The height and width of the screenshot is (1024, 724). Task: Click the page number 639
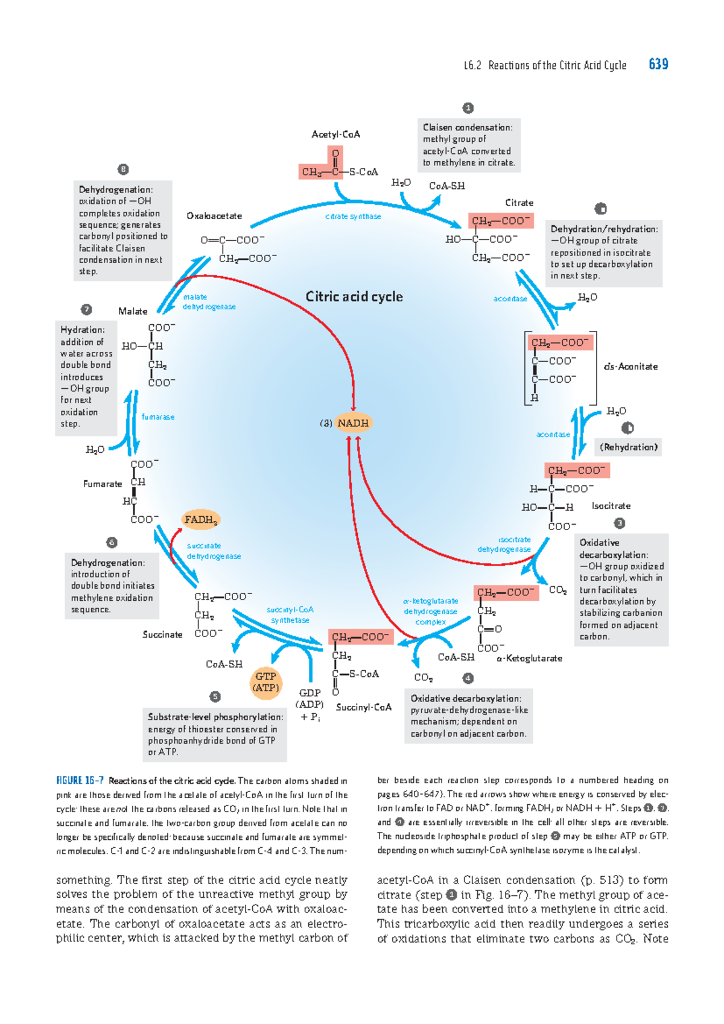pyautogui.click(x=658, y=64)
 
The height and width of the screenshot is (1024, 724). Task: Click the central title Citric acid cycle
pyautogui.click(x=354, y=296)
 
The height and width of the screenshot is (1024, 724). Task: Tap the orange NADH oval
pyautogui.click(x=353, y=423)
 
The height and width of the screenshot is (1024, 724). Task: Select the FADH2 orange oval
pyautogui.click(x=201, y=519)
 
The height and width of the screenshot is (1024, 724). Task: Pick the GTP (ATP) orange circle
pyautogui.click(x=265, y=682)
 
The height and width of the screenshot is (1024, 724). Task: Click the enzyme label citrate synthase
pyautogui.click(x=353, y=216)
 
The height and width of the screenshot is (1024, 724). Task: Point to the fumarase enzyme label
pyautogui.click(x=158, y=417)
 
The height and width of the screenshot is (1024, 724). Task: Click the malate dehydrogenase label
pyautogui.click(x=209, y=301)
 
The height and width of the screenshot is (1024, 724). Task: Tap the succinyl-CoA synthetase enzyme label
pyautogui.click(x=290, y=615)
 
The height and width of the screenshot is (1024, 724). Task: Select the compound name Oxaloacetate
pyautogui.click(x=214, y=216)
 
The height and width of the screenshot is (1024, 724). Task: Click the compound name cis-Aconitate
pyautogui.click(x=630, y=366)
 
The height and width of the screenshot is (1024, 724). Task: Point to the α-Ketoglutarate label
pyautogui.click(x=529, y=658)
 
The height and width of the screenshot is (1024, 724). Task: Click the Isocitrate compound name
pyautogui.click(x=611, y=506)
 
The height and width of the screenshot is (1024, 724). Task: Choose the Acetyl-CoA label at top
pyautogui.click(x=335, y=134)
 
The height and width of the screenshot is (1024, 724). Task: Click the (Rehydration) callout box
pyautogui.click(x=628, y=447)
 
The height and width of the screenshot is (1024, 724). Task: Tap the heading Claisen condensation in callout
pyautogui.click(x=468, y=127)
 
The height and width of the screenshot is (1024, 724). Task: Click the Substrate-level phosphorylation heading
pyautogui.click(x=215, y=717)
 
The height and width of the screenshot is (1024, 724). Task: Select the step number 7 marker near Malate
pyautogui.click(x=86, y=310)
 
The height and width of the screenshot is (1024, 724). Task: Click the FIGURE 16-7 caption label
pyautogui.click(x=80, y=780)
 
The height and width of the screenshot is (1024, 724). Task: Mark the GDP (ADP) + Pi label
pyautogui.click(x=310, y=705)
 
